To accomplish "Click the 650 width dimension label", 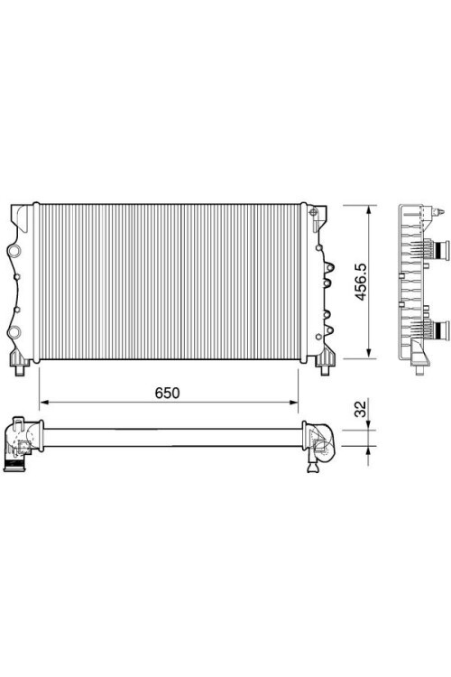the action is (167, 393).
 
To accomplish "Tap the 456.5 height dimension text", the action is (361, 282).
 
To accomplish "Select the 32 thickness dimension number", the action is (360, 409).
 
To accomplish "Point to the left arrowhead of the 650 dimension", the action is (43, 403).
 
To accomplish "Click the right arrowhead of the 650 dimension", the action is (293, 403).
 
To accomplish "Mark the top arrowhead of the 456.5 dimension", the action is (369, 209).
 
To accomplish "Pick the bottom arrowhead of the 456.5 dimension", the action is (369, 354).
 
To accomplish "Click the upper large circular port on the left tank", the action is (14, 250).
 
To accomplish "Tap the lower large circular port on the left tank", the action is (14, 331).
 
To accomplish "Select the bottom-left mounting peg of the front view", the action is (20, 370).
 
